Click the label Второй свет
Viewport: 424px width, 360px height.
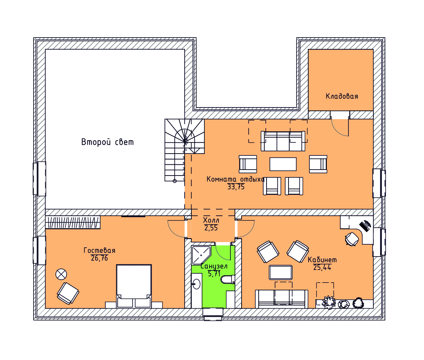pos(108,142)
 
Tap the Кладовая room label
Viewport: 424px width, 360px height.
pos(342,96)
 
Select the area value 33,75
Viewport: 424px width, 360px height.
pos(236,187)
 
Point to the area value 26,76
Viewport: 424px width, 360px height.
pos(99,258)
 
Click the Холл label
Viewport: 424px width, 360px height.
pos(211,220)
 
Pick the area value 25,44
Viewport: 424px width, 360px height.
pos(322,267)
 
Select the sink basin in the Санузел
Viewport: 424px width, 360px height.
pos(197,284)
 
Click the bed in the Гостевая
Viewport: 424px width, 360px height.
pos(134,286)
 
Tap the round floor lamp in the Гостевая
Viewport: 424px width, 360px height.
pos(61,274)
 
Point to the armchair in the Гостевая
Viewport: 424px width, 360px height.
pos(68,293)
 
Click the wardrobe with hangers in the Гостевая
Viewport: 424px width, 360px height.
pos(73,222)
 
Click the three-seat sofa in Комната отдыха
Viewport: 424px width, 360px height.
pos(283,141)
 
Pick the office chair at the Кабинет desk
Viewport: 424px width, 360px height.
pos(352,239)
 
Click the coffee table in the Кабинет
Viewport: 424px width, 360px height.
pos(281,273)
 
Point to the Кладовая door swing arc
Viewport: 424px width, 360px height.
pos(338,131)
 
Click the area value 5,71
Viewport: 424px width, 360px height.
pos(214,274)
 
